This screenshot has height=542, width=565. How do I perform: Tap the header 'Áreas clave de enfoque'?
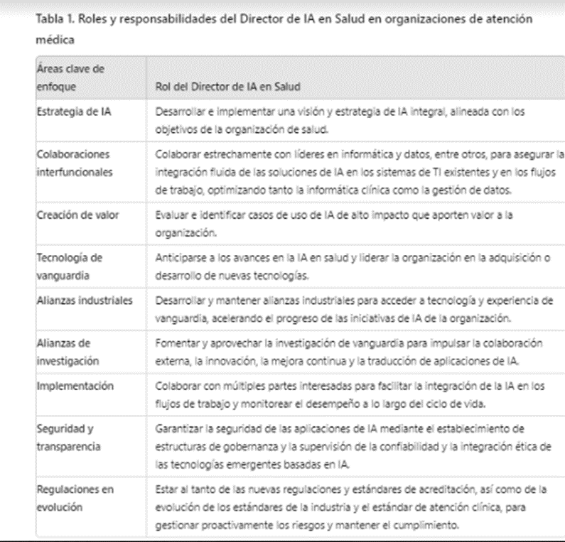point(65,79)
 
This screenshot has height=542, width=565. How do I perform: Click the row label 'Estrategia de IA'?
point(70,112)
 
